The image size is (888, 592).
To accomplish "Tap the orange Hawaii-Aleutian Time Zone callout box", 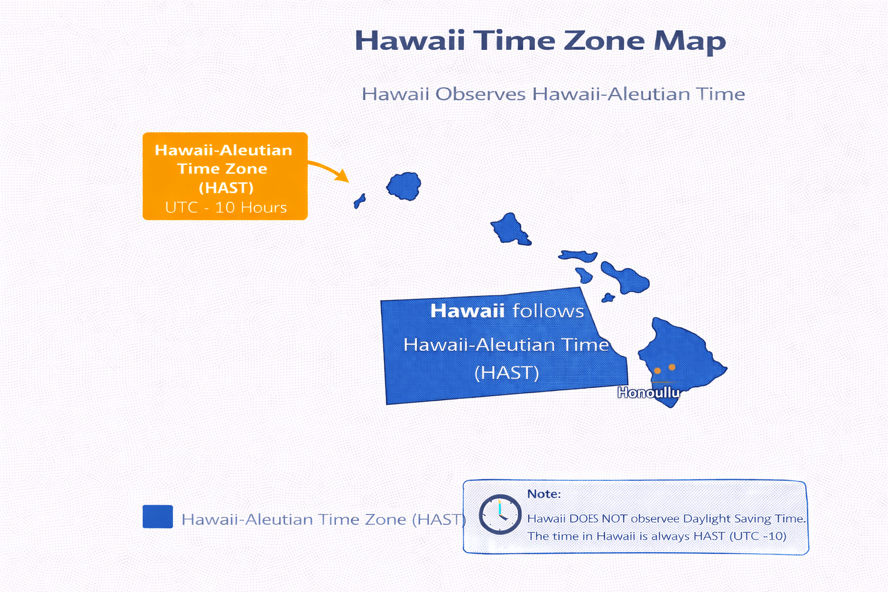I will tap(225, 176).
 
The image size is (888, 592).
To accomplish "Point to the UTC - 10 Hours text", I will tap(225, 208).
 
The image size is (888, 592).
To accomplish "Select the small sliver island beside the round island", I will tap(359, 201).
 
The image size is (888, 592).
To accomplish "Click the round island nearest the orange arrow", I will tap(404, 186).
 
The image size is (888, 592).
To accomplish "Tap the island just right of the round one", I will tap(510, 229).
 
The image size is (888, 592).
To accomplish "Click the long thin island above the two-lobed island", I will tap(578, 256).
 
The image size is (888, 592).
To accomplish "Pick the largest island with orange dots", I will tap(682, 353).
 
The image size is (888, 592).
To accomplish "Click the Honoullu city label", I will tap(648, 393).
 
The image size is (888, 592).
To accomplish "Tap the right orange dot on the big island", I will tap(672, 367).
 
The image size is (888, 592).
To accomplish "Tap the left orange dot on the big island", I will tap(657, 371).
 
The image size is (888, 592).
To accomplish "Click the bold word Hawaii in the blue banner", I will tap(467, 311).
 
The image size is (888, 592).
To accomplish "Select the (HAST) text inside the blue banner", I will tap(506, 373).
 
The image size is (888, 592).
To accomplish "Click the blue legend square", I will tap(158, 516).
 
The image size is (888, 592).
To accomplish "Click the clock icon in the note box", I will tap(500, 514).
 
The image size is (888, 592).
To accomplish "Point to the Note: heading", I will tap(543, 494).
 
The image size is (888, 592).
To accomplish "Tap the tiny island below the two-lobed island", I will tap(608, 298).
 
